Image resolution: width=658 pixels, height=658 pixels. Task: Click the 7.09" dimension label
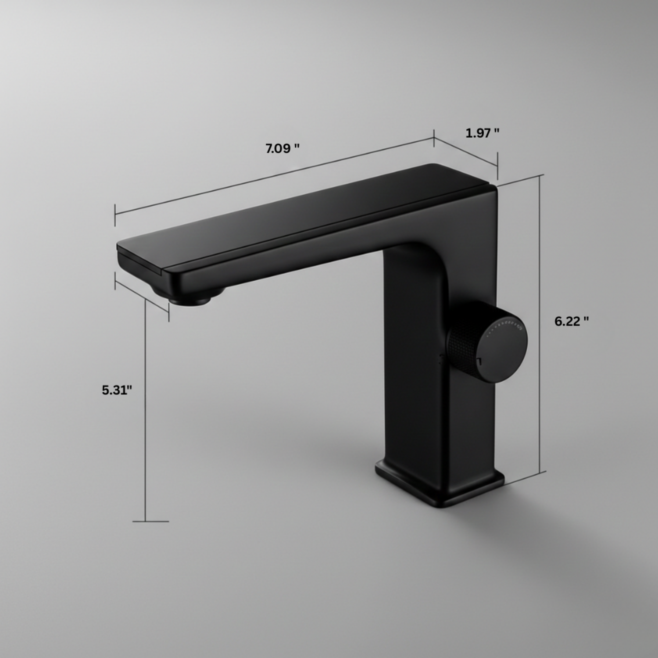(x=283, y=149)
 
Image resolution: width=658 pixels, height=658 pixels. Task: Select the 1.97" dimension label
(x=482, y=133)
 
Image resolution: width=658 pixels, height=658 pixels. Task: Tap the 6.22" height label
(x=571, y=322)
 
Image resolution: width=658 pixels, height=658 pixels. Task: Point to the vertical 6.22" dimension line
(x=540, y=325)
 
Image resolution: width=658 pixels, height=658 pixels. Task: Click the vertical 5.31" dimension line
(x=145, y=412)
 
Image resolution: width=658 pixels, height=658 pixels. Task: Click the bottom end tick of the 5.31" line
(x=150, y=522)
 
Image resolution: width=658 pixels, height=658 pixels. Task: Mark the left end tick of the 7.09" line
(x=115, y=215)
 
